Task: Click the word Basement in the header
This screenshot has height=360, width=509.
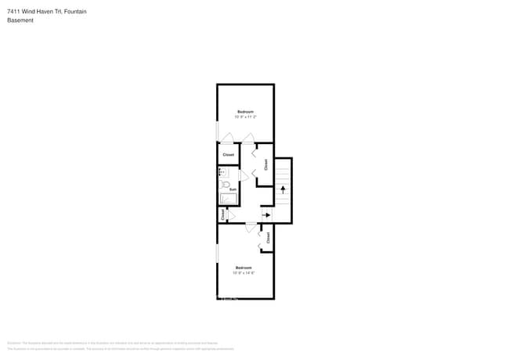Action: pos(20,20)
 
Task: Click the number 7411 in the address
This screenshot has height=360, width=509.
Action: pos(14,10)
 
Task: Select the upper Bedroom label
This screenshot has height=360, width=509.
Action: pos(245,112)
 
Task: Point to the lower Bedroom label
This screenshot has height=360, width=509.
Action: pos(244,268)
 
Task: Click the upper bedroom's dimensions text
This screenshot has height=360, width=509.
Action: pos(245,117)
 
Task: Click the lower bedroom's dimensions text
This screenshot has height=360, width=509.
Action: pos(244,273)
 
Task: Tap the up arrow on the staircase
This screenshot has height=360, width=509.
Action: pos(283,189)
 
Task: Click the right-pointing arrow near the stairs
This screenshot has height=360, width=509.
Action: pos(266,214)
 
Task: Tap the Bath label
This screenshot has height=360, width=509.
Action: pos(233,189)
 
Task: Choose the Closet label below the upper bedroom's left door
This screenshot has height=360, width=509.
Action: pos(228,155)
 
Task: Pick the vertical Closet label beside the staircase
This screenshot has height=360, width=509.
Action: pos(266,164)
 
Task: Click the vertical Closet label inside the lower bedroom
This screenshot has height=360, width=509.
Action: pos(268,238)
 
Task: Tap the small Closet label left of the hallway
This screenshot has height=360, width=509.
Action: pos(222,214)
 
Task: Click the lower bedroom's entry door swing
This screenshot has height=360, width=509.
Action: pos(251,228)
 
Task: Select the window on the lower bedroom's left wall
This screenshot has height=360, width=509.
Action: pos(218,254)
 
